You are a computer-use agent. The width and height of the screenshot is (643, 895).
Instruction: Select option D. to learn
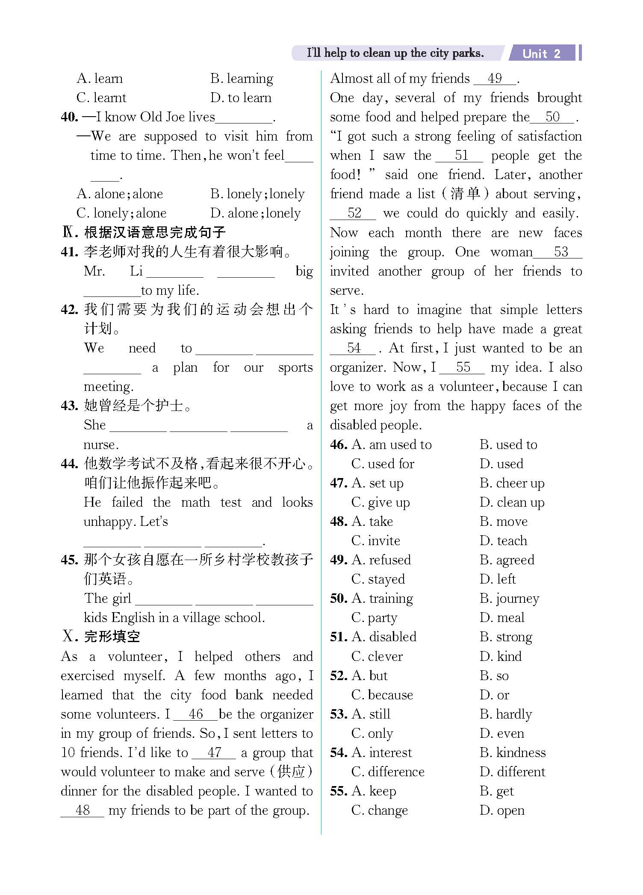tap(241, 98)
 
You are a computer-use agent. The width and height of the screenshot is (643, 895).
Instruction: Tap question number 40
tap(69, 117)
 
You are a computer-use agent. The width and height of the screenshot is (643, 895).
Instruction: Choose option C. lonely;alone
tap(121, 213)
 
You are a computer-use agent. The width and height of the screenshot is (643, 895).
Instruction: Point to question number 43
tap(69, 405)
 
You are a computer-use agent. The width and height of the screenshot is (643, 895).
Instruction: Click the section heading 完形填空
tap(112, 637)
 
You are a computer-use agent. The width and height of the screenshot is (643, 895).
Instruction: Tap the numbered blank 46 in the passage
tap(196, 714)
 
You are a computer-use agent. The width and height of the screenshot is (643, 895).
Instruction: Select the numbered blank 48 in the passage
tap(83, 810)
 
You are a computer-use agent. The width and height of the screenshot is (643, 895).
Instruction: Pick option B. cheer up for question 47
tap(512, 483)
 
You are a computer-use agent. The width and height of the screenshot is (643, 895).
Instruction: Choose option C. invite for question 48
tap(376, 541)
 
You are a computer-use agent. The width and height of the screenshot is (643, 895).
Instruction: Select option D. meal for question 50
tap(502, 618)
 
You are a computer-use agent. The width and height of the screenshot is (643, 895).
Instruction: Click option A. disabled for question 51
tap(384, 637)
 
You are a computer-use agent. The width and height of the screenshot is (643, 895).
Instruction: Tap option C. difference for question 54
tap(388, 772)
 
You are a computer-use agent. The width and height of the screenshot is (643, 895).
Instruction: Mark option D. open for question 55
tap(502, 810)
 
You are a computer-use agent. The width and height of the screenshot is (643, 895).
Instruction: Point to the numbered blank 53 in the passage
tap(561, 252)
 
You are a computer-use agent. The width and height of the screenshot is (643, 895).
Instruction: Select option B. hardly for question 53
tap(506, 714)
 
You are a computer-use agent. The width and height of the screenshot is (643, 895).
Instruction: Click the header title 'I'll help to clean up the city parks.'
tap(395, 53)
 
